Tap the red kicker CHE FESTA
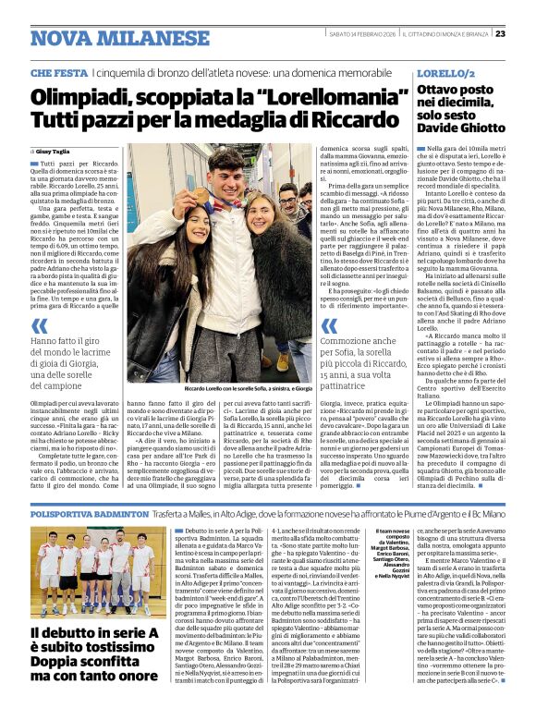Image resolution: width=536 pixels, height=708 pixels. click(59, 72)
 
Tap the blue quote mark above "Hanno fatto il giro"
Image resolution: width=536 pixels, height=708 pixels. click(39, 325)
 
